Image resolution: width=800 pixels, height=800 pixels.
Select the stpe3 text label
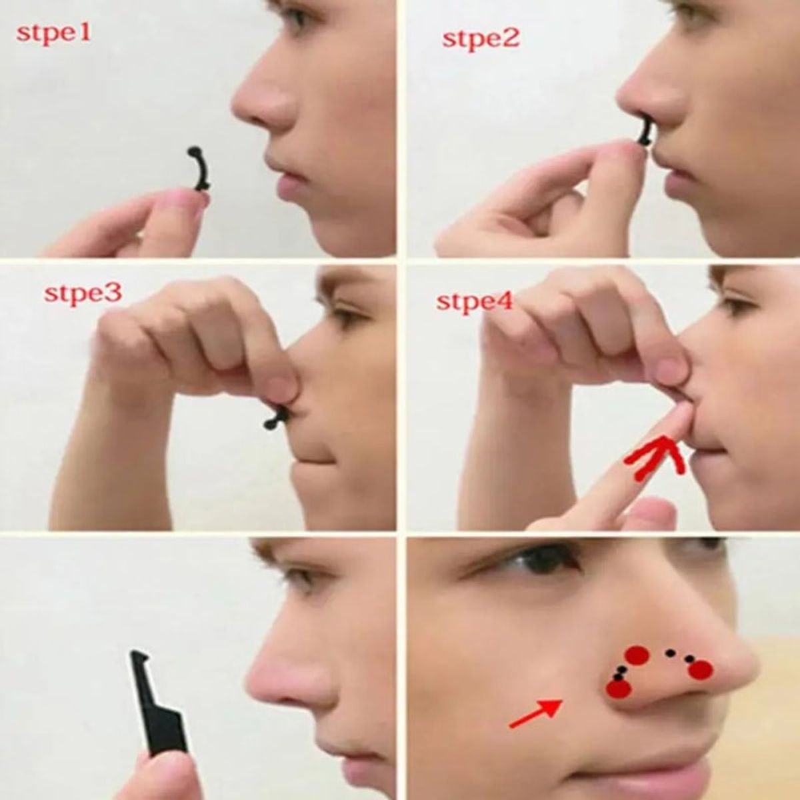tap(83, 293)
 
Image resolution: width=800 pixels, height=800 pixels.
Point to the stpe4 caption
tap(475, 301)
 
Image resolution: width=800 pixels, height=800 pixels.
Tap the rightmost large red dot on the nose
tap(701, 670)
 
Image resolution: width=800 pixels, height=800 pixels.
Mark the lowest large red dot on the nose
tap(619, 689)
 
